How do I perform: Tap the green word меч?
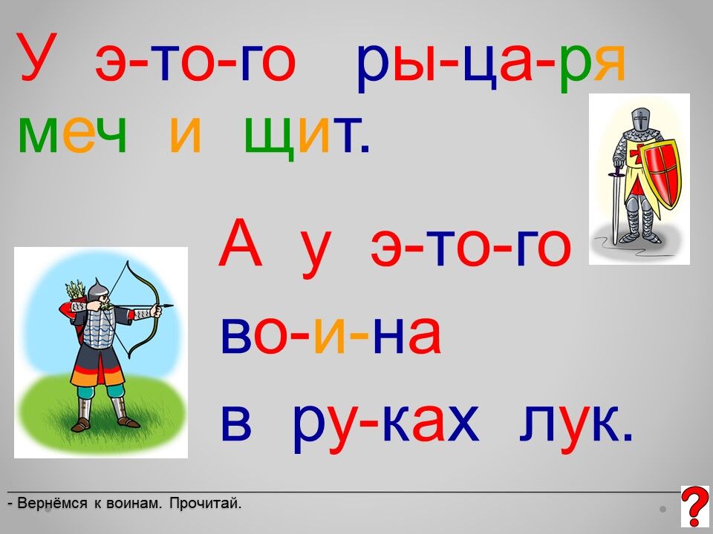click(x=72, y=135)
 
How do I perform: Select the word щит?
click(x=307, y=137)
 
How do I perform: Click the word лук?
click(x=576, y=423)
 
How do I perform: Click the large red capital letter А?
click(x=240, y=243)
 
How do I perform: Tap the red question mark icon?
click(x=695, y=506)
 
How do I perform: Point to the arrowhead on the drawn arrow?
click(x=169, y=306)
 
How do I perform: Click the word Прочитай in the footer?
click(x=205, y=504)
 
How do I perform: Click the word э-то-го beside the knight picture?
click(x=471, y=248)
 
